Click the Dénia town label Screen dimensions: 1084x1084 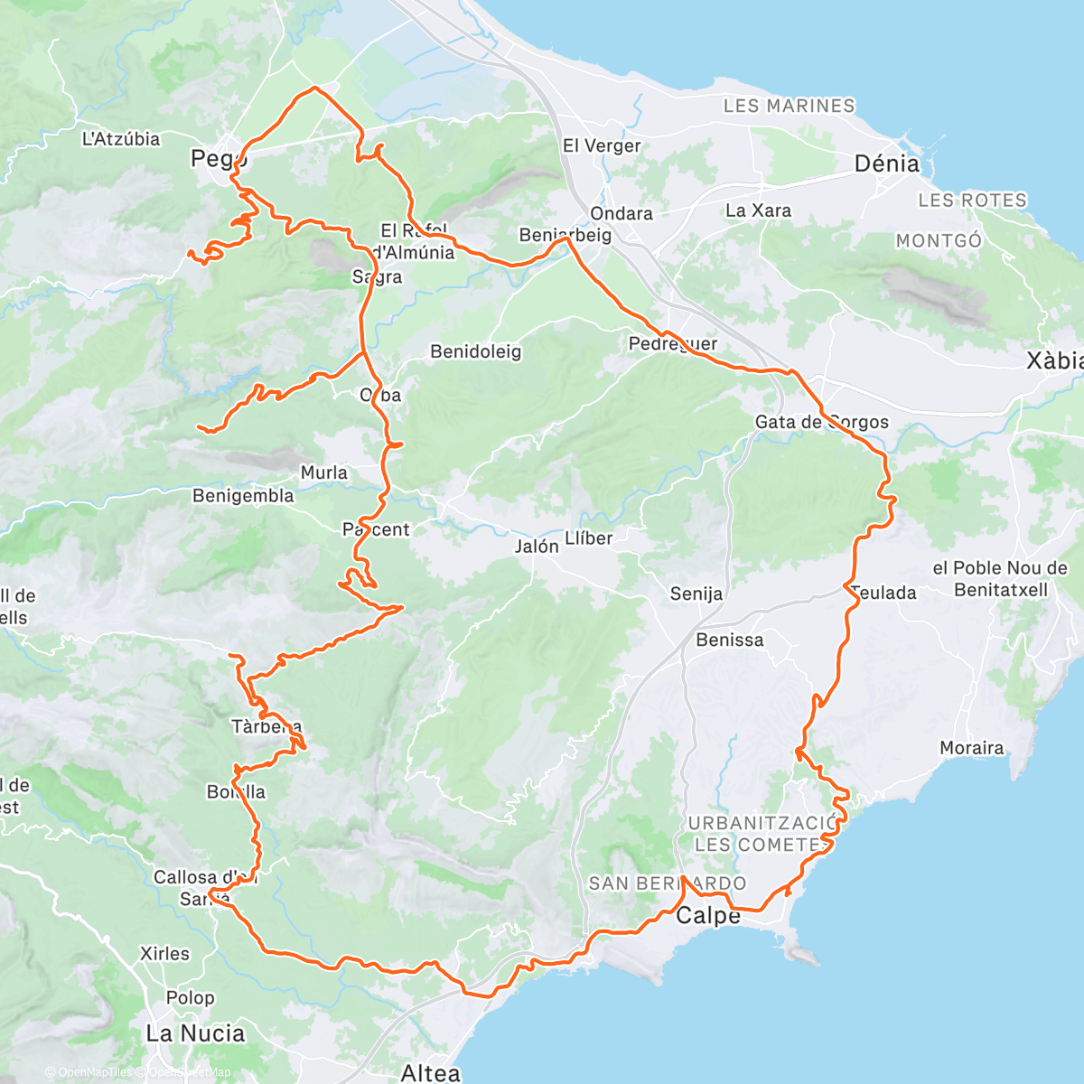coord(886,164)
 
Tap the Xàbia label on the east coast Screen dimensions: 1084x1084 coord(1054,360)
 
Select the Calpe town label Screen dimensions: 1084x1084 coord(708,915)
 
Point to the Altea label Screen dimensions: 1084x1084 coord(430,1072)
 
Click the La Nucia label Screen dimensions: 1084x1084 coord(195,1033)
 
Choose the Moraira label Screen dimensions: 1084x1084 coord(971,748)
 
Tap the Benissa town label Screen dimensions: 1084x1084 coord(729,640)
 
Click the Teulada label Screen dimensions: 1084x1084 coord(884,593)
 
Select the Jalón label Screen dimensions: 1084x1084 coord(537,546)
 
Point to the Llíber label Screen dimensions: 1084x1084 coord(588,538)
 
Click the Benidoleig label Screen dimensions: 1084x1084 coord(475,351)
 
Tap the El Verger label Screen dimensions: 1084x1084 coord(601,145)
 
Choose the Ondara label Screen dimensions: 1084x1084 coord(621,213)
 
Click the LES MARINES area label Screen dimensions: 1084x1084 coord(789,106)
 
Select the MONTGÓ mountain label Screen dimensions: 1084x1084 coord(938,240)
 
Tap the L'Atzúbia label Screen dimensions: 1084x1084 coord(120,139)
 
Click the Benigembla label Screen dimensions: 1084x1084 coord(243,495)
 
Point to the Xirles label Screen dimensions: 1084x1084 coord(164,953)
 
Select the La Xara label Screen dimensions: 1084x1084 coord(758,210)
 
